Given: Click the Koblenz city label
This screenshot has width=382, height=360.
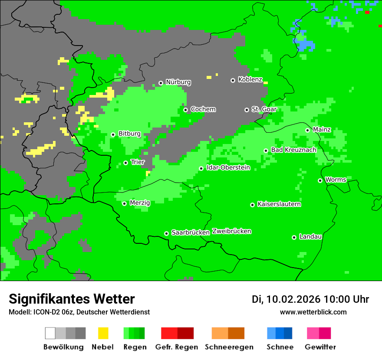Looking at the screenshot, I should pos(250,80).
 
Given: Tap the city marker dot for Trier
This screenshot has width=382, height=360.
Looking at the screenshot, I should pos(126,163).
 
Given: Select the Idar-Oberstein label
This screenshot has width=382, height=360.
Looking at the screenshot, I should pos(228,168).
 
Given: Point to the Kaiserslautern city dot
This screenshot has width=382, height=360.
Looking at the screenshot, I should pos(252,205).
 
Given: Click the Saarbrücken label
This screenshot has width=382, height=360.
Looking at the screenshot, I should pos(191,233).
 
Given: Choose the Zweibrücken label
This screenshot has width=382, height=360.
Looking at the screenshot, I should pos(232,232).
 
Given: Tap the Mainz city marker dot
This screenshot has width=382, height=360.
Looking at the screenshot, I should pos(307,130).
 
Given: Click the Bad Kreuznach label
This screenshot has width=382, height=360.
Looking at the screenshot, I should pos(293,150).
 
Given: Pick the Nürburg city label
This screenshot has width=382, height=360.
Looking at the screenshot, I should pos(178,82).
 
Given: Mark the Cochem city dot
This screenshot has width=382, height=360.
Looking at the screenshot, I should pos(185,110).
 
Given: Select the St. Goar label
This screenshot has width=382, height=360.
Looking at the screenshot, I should pos(264,109).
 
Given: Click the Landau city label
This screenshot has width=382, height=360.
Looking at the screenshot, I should pos(310,237).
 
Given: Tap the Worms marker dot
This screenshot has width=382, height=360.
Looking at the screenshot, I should pos(320,180).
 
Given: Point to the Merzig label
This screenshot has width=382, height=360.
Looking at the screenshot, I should pos(140,203).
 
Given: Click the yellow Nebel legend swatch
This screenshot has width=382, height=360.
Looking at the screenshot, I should pos(103,333).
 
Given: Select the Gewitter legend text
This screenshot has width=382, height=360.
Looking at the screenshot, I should pos(320,347).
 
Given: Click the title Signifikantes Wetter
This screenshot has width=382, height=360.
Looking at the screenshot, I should pos(72,299).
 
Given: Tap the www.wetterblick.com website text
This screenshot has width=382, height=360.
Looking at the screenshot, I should pos(313,312).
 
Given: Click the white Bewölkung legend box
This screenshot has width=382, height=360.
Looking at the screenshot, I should pos(50,333).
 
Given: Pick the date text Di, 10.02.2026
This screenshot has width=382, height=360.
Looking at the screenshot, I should pos(286,299).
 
